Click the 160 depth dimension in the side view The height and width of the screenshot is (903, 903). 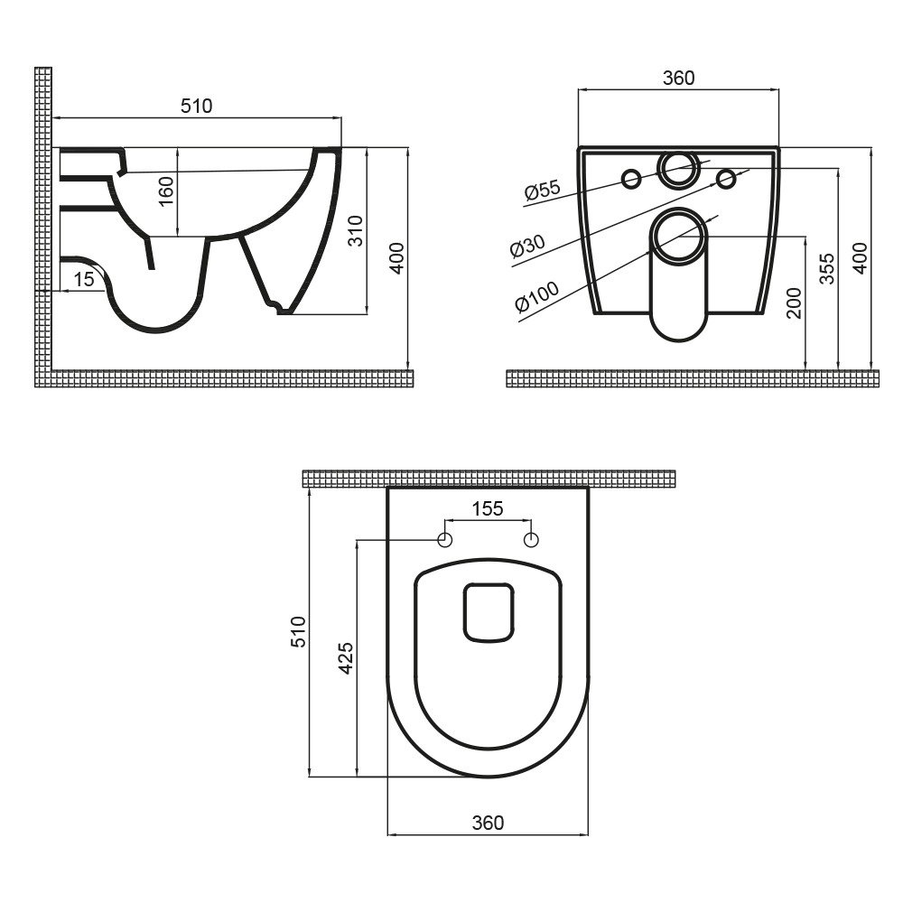[166, 191]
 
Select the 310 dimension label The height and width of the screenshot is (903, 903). [357, 230]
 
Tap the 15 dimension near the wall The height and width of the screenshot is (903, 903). [84, 279]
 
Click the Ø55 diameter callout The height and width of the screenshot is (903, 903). [542, 190]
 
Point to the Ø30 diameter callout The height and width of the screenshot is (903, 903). [527, 246]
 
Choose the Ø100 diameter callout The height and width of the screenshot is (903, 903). [536, 296]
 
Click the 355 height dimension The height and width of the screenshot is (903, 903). [826, 268]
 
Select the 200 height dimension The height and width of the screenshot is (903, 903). [794, 303]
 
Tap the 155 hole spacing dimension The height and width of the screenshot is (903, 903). [488, 508]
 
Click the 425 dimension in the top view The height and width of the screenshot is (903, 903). [346, 657]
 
